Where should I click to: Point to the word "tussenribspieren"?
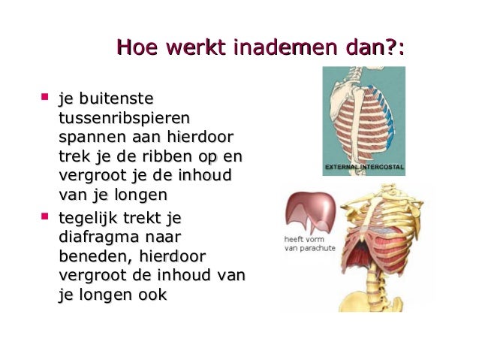[x=124, y=119]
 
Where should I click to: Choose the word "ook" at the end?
[x=150, y=295]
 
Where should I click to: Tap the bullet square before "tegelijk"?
[x=45, y=216]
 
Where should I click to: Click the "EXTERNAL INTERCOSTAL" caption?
[x=364, y=166]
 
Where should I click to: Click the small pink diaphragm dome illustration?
[x=309, y=211]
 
